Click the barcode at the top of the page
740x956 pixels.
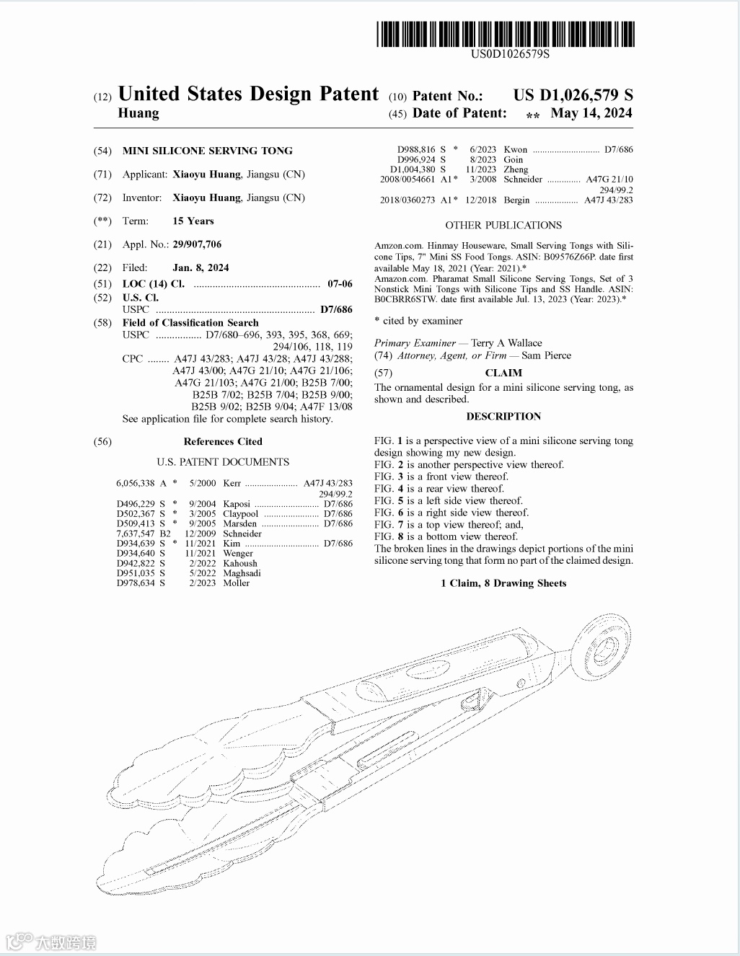click(506, 34)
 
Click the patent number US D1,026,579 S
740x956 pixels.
click(573, 94)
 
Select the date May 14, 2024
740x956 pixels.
click(591, 113)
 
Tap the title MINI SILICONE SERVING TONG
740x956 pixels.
click(208, 151)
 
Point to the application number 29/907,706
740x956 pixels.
click(197, 244)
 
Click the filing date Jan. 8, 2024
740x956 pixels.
click(201, 267)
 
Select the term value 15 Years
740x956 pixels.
click(193, 221)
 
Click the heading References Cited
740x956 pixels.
click(223, 441)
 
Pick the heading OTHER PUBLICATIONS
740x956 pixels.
click(503, 225)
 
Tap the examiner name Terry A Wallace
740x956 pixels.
click(506, 343)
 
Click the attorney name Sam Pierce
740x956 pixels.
click(546, 355)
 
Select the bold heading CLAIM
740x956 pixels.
click(503, 373)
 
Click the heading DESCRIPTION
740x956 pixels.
click(503, 416)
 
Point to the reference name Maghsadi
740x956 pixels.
click(242, 573)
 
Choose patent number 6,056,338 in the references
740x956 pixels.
click(136, 483)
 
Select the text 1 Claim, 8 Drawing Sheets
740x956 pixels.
click(503, 583)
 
